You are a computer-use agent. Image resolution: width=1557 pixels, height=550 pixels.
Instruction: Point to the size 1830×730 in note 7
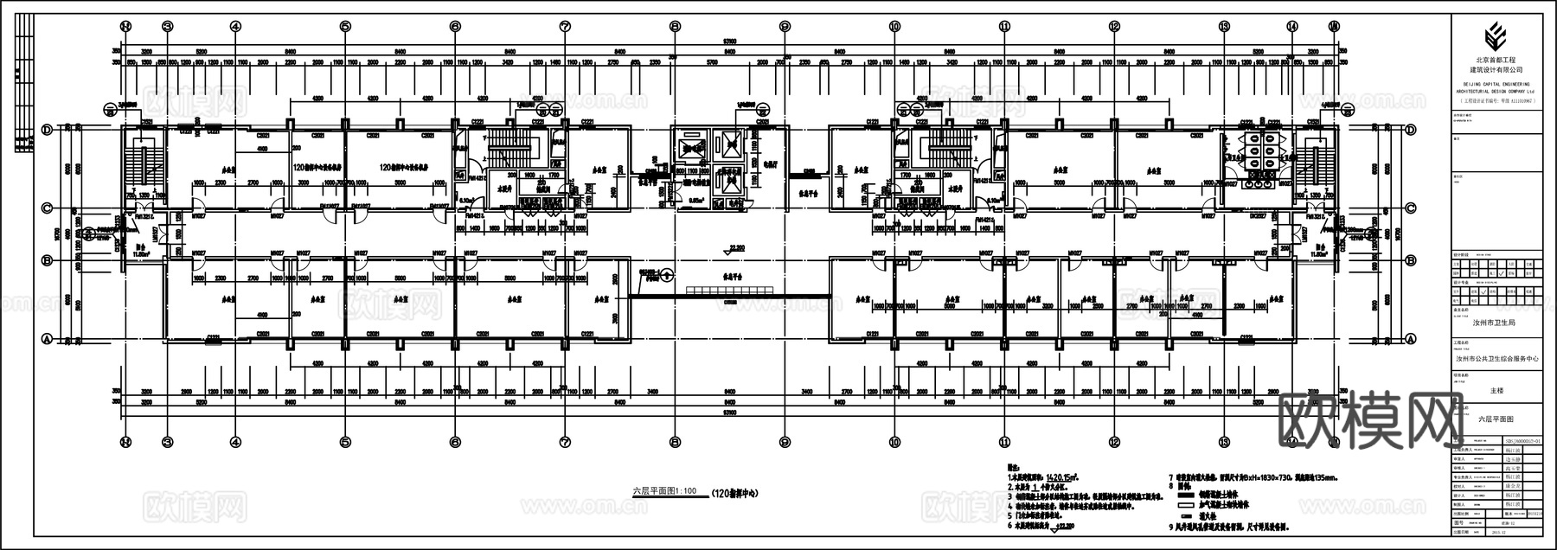click(1279, 476)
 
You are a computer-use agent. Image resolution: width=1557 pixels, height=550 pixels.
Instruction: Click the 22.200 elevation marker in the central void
click(736, 248)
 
